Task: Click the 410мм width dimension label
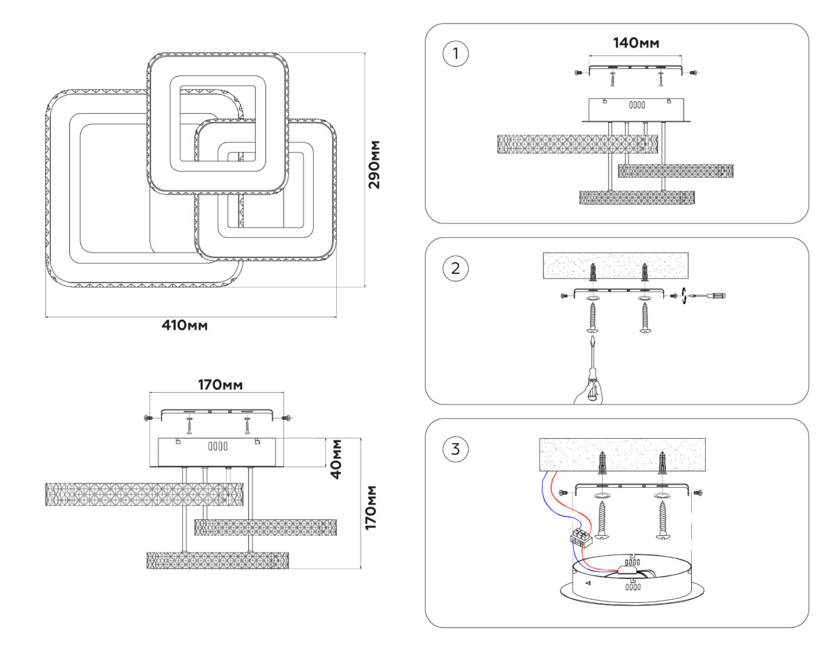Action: [185, 325]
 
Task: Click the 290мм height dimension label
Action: [375, 165]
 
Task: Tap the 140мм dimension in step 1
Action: [635, 43]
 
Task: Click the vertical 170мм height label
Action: [371, 507]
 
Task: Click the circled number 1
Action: [455, 54]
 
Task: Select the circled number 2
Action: [455, 269]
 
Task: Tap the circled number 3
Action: [455, 449]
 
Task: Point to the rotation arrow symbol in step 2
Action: [685, 296]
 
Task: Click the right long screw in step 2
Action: [644, 319]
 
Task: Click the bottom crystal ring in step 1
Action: [638, 197]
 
